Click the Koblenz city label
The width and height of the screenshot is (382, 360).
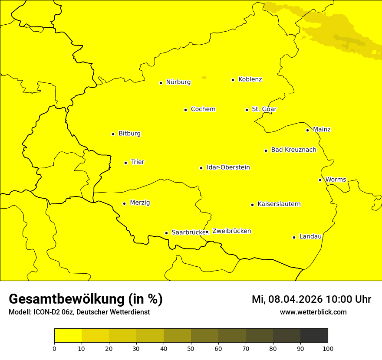coord(250,79)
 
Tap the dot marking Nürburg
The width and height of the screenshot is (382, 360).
coord(161,83)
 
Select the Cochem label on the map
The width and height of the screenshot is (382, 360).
coord(203,109)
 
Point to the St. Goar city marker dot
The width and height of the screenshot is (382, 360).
coord(247,110)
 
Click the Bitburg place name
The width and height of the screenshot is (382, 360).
coord(129,134)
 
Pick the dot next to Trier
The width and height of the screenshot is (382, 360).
coord(125,163)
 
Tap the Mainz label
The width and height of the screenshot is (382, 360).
coord(322,130)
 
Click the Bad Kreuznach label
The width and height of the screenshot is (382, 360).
coord(293,150)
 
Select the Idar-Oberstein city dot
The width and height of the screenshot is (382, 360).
coord(201,168)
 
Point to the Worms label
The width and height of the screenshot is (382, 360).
coord(336,180)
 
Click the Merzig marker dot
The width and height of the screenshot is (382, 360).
coord(124,203)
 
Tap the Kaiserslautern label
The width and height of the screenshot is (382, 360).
coord(279,204)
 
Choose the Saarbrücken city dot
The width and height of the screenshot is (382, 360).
coord(166,233)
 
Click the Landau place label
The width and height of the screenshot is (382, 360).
coord(310,237)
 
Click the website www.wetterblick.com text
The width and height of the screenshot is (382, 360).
coord(313,312)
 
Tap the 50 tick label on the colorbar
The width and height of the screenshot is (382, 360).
coord(191,348)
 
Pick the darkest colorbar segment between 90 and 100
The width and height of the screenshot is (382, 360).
coord(314,336)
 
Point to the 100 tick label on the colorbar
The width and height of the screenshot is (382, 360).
coord(328,348)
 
